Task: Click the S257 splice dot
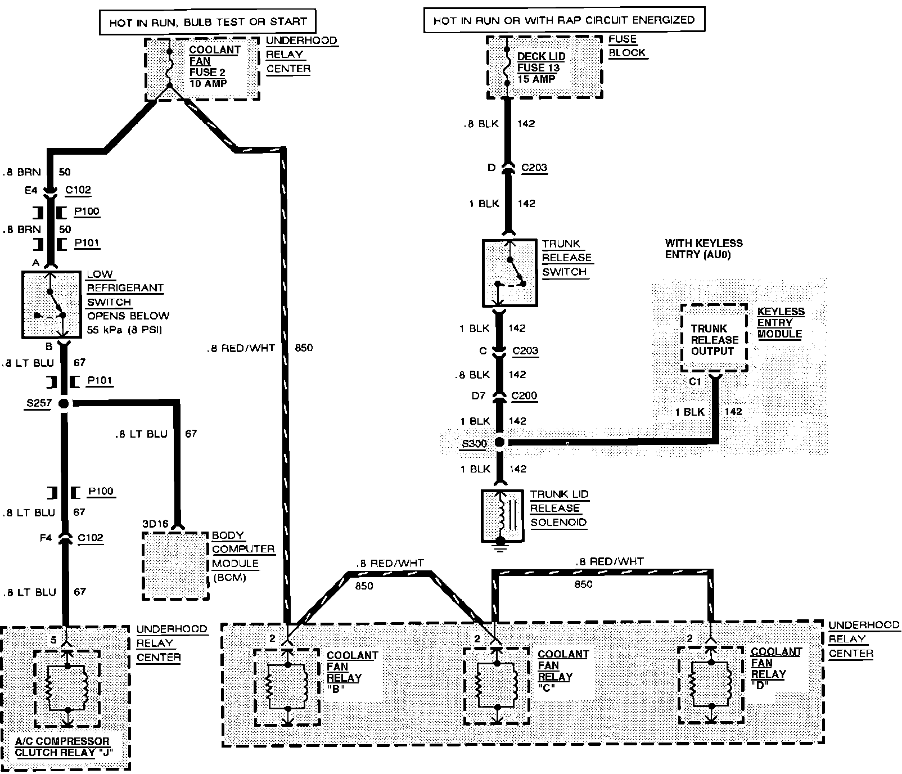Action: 64,403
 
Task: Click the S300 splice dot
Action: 499,443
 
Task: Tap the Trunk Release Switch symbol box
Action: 509,273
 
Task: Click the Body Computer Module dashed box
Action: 175,565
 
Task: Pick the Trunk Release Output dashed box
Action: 714,339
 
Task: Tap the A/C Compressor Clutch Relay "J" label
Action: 62,747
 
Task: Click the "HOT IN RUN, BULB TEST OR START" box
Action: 208,22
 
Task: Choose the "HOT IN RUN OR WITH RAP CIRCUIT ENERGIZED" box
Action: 563,21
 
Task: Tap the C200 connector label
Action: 524,396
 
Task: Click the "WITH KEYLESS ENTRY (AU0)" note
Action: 703,249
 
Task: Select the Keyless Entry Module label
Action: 781,322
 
